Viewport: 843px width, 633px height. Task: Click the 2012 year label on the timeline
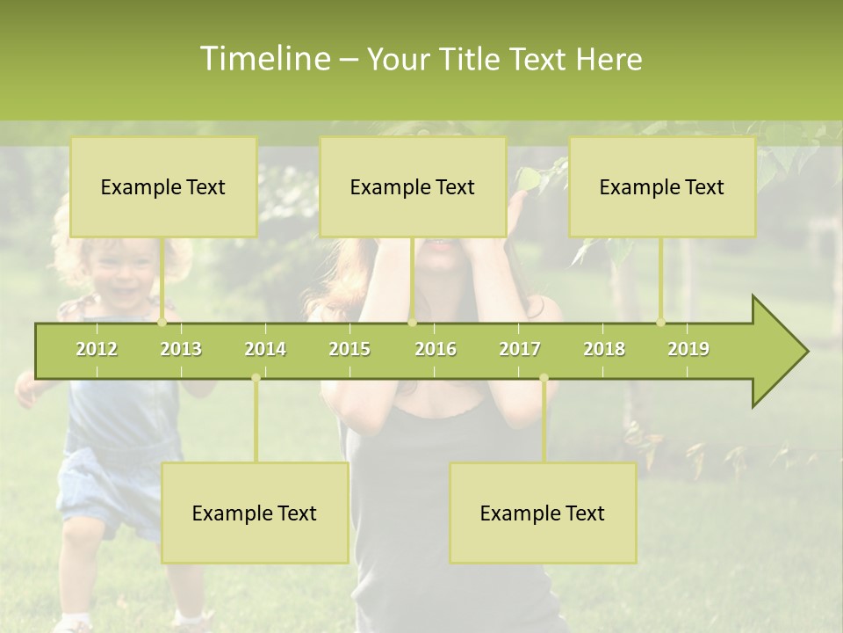[x=97, y=349]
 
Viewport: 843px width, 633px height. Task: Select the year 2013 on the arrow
[x=181, y=349]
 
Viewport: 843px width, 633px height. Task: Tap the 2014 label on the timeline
[x=265, y=349]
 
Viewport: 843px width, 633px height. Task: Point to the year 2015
[x=349, y=349]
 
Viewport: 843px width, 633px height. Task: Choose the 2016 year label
[x=436, y=349]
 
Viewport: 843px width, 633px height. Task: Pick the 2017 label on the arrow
[x=520, y=349]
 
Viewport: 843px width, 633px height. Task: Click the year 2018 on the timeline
[x=604, y=349]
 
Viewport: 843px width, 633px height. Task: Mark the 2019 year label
[x=688, y=349]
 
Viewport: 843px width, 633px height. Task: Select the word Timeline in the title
[x=264, y=59]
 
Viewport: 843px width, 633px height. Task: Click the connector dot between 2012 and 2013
[x=162, y=322]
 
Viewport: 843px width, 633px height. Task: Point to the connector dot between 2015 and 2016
[x=412, y=322]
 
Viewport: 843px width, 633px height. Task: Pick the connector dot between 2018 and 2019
[x=661, y=322]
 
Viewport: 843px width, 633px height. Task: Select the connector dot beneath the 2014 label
[x=256, y=378]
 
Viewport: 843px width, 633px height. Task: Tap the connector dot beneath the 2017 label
[x=544, y=378]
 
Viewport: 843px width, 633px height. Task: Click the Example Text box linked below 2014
[x=255, y=513]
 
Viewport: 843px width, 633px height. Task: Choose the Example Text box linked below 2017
[x=543, y=513]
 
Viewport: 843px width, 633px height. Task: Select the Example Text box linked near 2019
[x=662, y=186]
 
